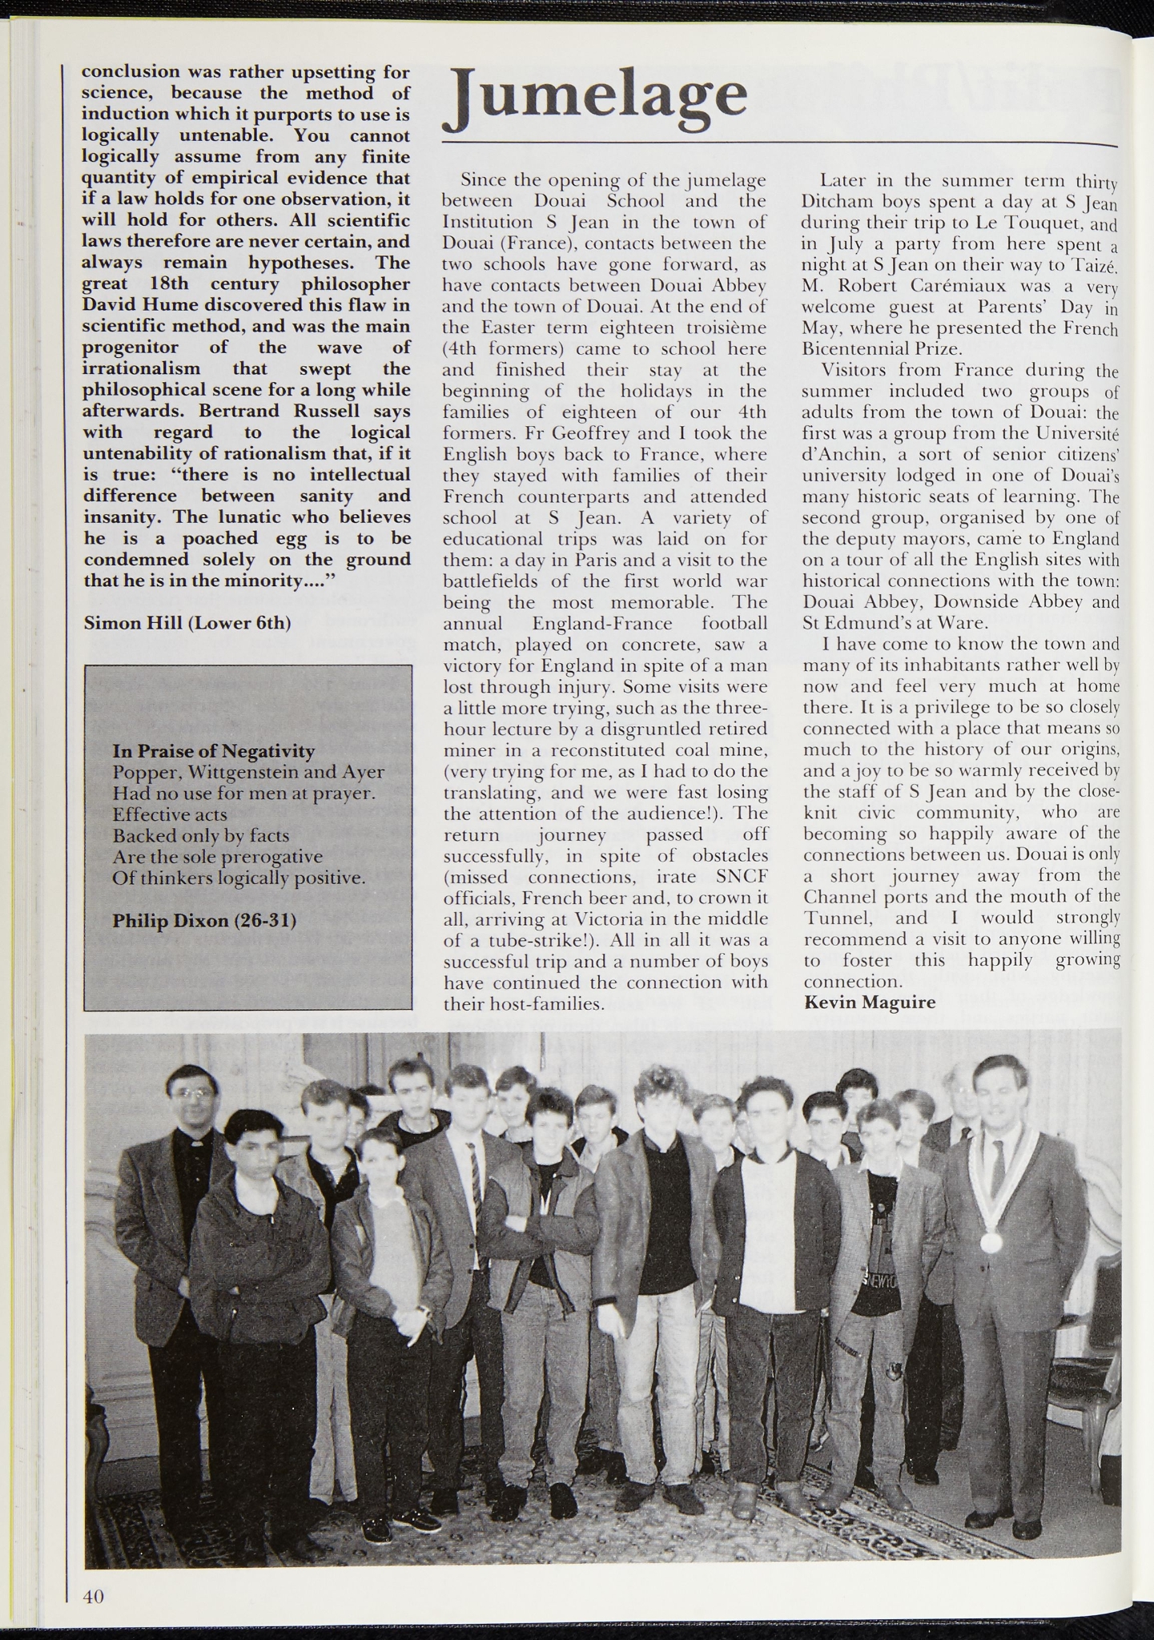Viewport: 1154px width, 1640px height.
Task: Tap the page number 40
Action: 94,1596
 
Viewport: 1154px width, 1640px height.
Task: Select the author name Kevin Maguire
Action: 869,1003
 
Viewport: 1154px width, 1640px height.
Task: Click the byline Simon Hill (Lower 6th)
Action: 186,622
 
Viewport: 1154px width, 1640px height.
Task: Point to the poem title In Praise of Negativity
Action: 214,751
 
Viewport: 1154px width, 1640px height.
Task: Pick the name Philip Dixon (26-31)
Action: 204,921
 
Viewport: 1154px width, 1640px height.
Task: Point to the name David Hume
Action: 134,305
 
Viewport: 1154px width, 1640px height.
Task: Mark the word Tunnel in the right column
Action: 837,918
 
